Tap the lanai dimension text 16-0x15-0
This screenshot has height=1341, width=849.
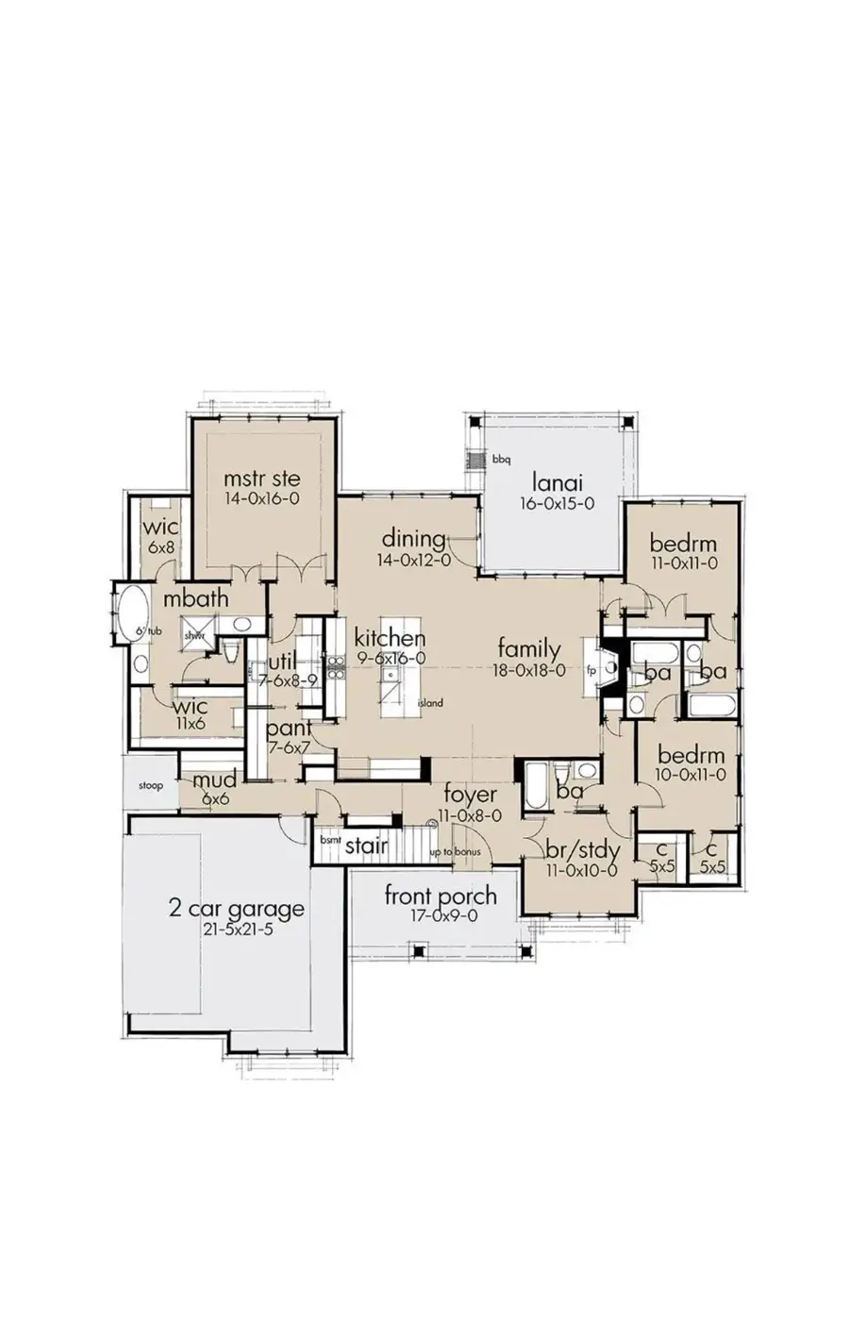557,504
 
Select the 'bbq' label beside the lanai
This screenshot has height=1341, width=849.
500,460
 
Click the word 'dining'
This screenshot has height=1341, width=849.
414,539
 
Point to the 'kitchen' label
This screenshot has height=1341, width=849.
390,639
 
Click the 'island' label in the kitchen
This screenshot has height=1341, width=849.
430,703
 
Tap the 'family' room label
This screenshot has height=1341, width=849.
529,649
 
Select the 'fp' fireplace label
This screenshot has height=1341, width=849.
591,672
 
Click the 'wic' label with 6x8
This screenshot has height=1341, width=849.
160,528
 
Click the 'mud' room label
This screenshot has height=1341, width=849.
214,780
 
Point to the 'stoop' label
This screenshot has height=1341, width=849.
150,785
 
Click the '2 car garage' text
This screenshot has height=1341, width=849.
236,910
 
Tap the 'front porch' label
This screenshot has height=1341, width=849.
440,896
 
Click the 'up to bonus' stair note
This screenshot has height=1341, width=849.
456,852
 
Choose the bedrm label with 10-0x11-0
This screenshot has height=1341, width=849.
691,756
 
